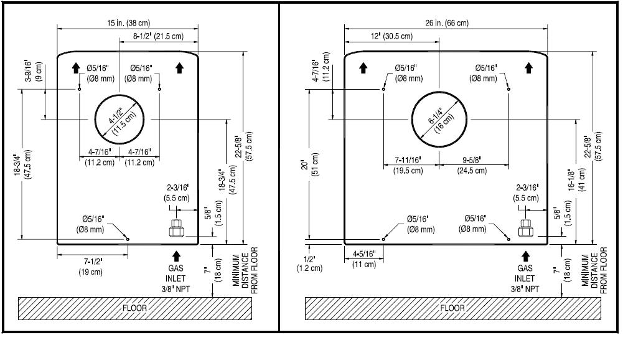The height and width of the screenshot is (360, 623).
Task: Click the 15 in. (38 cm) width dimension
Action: point(128,23)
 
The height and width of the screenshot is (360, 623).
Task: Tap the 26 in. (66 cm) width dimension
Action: point(447,23)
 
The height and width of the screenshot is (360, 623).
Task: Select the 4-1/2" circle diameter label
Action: point(123,121)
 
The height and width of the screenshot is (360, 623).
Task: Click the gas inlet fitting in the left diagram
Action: point(176,229)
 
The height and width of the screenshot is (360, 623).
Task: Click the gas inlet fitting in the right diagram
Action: point(525,229)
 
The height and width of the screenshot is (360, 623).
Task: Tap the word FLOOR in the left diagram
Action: point(134,308)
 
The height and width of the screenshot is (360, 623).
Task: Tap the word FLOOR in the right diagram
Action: point(452,308)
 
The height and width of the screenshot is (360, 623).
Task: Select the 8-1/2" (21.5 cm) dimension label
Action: point(158,36)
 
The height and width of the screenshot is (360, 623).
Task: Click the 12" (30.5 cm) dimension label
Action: point(391,36)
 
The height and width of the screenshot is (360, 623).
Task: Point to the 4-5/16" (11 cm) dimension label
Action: point(364,259)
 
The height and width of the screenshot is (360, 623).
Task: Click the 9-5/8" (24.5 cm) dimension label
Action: point(472,165)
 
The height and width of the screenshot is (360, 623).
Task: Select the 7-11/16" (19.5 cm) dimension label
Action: point(408,165)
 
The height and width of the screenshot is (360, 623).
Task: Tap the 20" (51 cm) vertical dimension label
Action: point(310,164)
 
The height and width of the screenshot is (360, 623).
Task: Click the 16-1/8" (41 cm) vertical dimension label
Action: point(576,180)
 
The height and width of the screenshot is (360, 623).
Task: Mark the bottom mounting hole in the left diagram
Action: point(128,239)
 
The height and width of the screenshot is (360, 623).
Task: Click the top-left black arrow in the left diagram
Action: point(76,68)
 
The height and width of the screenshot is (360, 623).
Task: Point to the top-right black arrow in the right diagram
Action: point(528,68)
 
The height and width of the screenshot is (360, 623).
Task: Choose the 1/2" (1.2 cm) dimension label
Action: point(309,263)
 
